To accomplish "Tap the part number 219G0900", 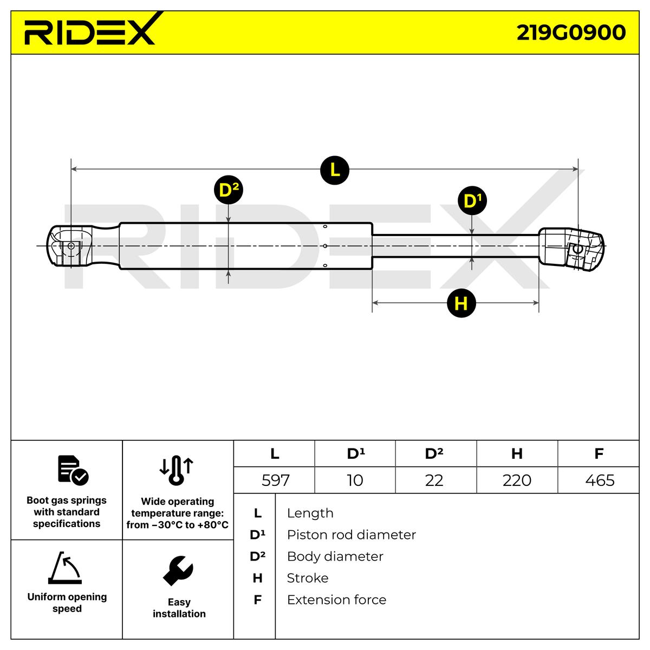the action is coord(571,32).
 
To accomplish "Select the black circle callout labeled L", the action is coord(334,170).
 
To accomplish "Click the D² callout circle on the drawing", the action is coord(229,190).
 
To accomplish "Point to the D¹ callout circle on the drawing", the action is coord(472,201).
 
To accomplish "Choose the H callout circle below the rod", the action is coord(461,303).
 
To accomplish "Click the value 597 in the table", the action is coord(275,480).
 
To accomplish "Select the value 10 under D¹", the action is coord(355,480).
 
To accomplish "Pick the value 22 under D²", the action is coord(434,480).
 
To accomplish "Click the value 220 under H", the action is coord(517,480).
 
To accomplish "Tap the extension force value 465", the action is coord(600,480).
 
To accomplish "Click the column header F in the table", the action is coord(599,453).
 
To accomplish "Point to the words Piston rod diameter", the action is coord(351,535).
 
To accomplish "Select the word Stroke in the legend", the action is coord(307,578).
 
